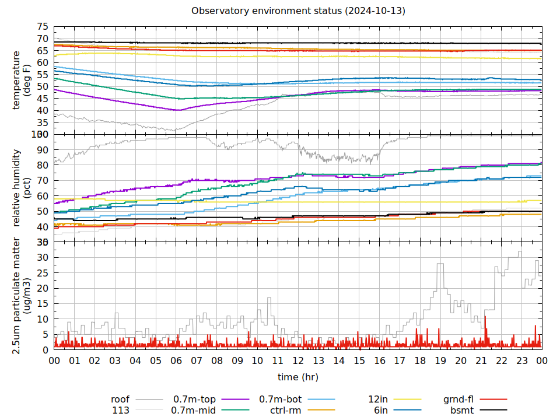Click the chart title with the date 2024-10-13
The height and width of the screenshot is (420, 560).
point(298,11)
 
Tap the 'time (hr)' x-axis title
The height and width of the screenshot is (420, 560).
point(297,377)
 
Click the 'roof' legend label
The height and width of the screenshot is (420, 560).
point(120,400)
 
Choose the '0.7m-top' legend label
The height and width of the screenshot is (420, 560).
point(195,400)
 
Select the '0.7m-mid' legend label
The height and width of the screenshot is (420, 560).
point(194,410)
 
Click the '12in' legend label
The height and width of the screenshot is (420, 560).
point(378,400)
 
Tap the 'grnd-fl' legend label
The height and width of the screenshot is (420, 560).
point(458,400)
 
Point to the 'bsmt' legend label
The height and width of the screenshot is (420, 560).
point(461,410)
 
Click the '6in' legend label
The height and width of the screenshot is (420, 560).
point(381,410)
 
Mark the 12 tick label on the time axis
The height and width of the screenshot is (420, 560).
point(298,362)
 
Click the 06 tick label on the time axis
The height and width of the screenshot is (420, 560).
point(176,362)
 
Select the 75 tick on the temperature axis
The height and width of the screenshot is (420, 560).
point(43,27)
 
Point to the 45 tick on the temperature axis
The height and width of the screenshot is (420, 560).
point(43,99)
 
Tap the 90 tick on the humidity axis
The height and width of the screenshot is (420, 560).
point(43,150)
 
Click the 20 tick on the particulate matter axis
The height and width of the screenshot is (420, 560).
point(43,289)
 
